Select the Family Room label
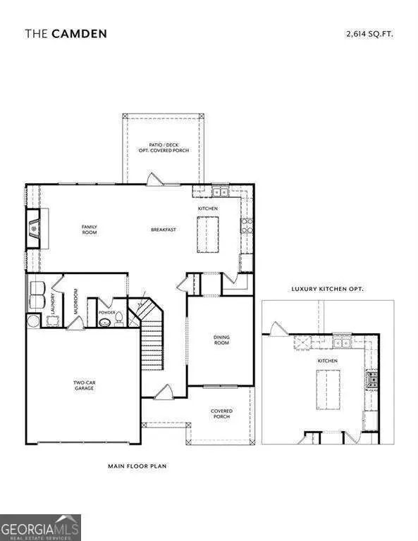click(x=89, y=229)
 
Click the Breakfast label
click(x=162, y=230)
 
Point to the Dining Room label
click(x=222, y=340)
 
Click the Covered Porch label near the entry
click(x=221, y=413)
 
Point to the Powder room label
click(x=108, y=311)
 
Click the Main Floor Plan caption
click(x=137, y=466)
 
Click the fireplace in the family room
click(x=33, y=228)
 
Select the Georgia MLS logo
click(x=40, y=527)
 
